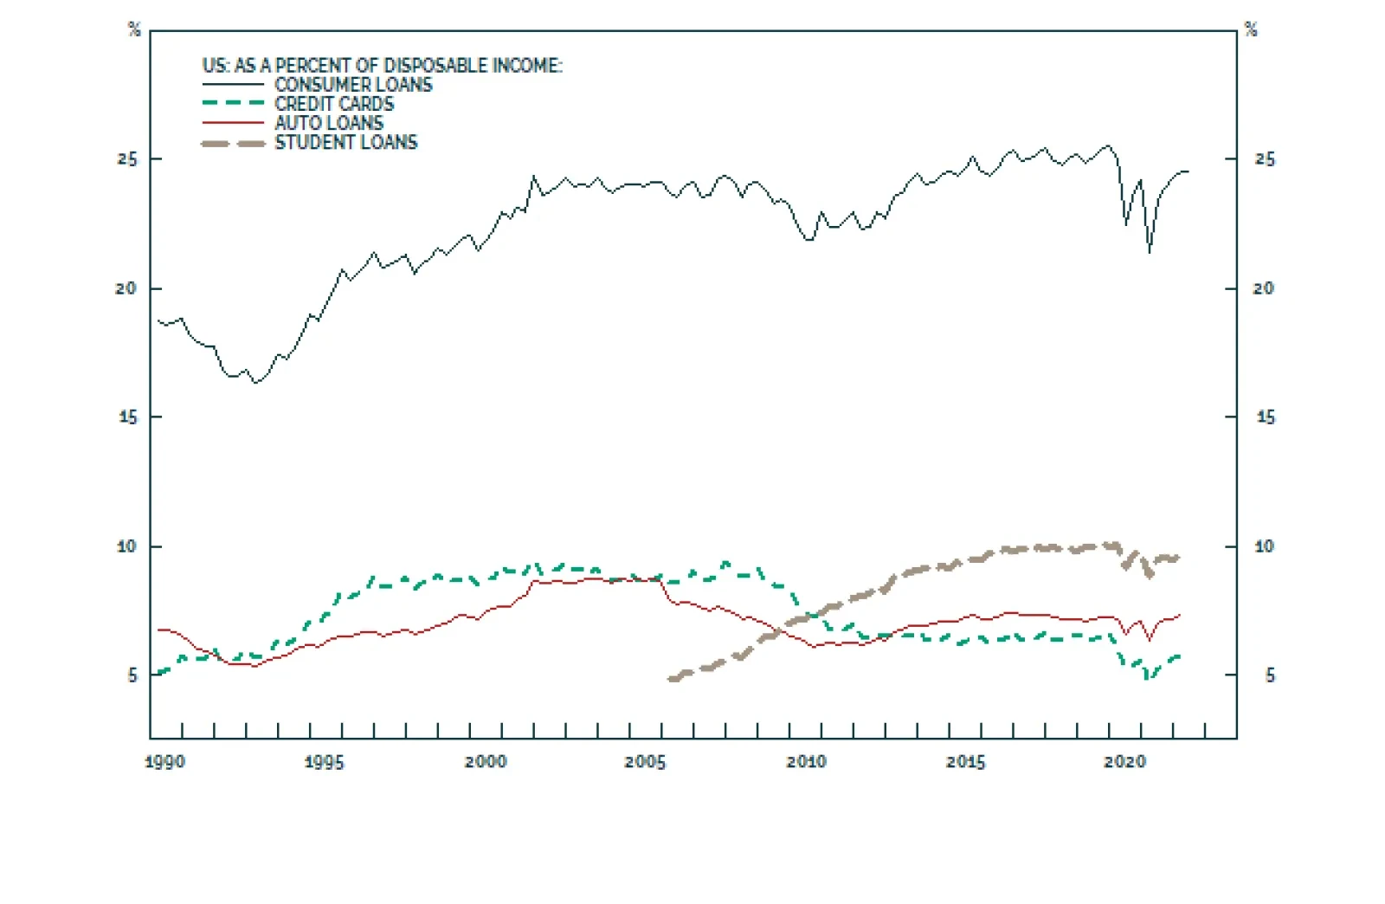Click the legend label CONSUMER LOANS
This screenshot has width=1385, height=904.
[x=353, y=85]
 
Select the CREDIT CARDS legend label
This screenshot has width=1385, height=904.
[x=334, y=104]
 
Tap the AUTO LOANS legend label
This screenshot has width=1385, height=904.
[x=329, y=123]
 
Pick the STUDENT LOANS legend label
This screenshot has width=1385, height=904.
[x=346, y=142]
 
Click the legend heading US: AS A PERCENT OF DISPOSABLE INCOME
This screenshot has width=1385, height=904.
[x=382, y=66]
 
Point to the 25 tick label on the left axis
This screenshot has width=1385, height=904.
[x=126, y=159]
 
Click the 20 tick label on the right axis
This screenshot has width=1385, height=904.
[x=1264, y=288]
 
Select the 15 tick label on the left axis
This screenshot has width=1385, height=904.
[x=126, y=417]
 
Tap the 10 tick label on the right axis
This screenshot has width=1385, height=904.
[x=1264, y=546]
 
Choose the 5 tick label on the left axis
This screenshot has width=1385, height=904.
[x=132, y=675]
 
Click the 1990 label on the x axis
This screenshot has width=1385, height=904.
[x=164, y=762]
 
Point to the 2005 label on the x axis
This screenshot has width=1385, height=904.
[x=645, y=762]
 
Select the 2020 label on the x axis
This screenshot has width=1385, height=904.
[x=1124, y=762]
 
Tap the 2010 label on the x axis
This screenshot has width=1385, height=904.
[x=806, y=762]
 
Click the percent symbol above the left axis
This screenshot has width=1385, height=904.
[x=134, y=30]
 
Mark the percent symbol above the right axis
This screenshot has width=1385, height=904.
[x=1251, y=30]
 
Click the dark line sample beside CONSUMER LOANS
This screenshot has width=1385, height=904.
[x=233, y=85]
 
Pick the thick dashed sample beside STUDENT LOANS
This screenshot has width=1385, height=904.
[x=233, y=143]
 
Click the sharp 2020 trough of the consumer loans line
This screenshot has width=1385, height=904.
[x=1150, y=252]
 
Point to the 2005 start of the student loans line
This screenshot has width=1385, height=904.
[x=671, y=680]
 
